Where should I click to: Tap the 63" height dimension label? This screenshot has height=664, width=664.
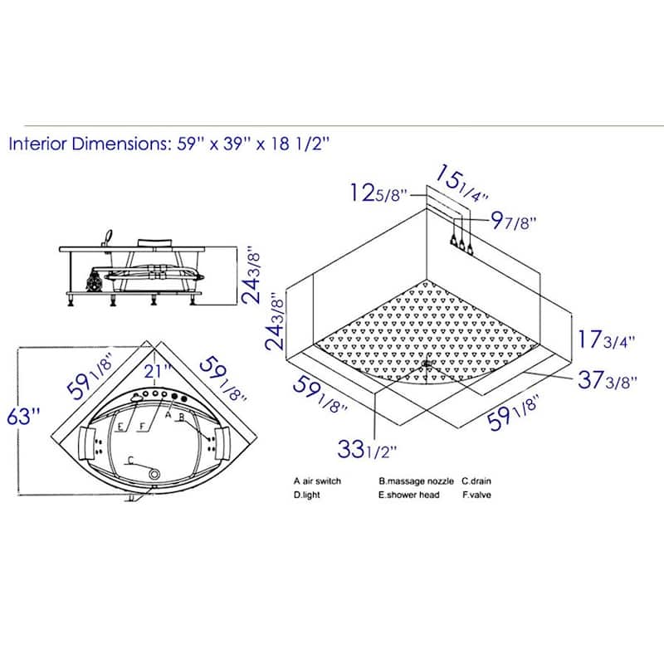coord(24,417)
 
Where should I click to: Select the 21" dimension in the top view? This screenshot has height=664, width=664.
coord(157,371)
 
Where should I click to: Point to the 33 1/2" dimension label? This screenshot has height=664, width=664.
coord(367,449)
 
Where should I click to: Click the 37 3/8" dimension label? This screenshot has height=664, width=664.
coord(608,380)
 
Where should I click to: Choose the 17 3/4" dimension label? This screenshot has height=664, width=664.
coord(607,339)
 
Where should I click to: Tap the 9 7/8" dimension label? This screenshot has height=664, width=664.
coord(513,221)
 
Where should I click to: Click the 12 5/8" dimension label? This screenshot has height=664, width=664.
coord(378,193)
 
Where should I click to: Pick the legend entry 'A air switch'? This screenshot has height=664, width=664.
coord(317,481)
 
